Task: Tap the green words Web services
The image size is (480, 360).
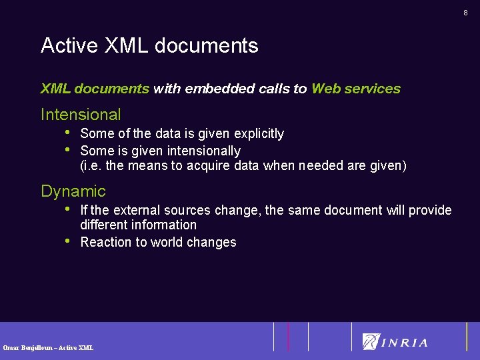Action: (356, 89)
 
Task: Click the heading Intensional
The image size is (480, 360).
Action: (81, 115)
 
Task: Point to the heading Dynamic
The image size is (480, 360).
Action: (73, 191)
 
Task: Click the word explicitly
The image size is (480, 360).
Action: (259, 134)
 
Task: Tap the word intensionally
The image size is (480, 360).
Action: (204, 151)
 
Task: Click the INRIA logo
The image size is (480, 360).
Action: (395, 342)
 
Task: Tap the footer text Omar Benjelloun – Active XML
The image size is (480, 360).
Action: (48, 347)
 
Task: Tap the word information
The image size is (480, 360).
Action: (164, 225)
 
